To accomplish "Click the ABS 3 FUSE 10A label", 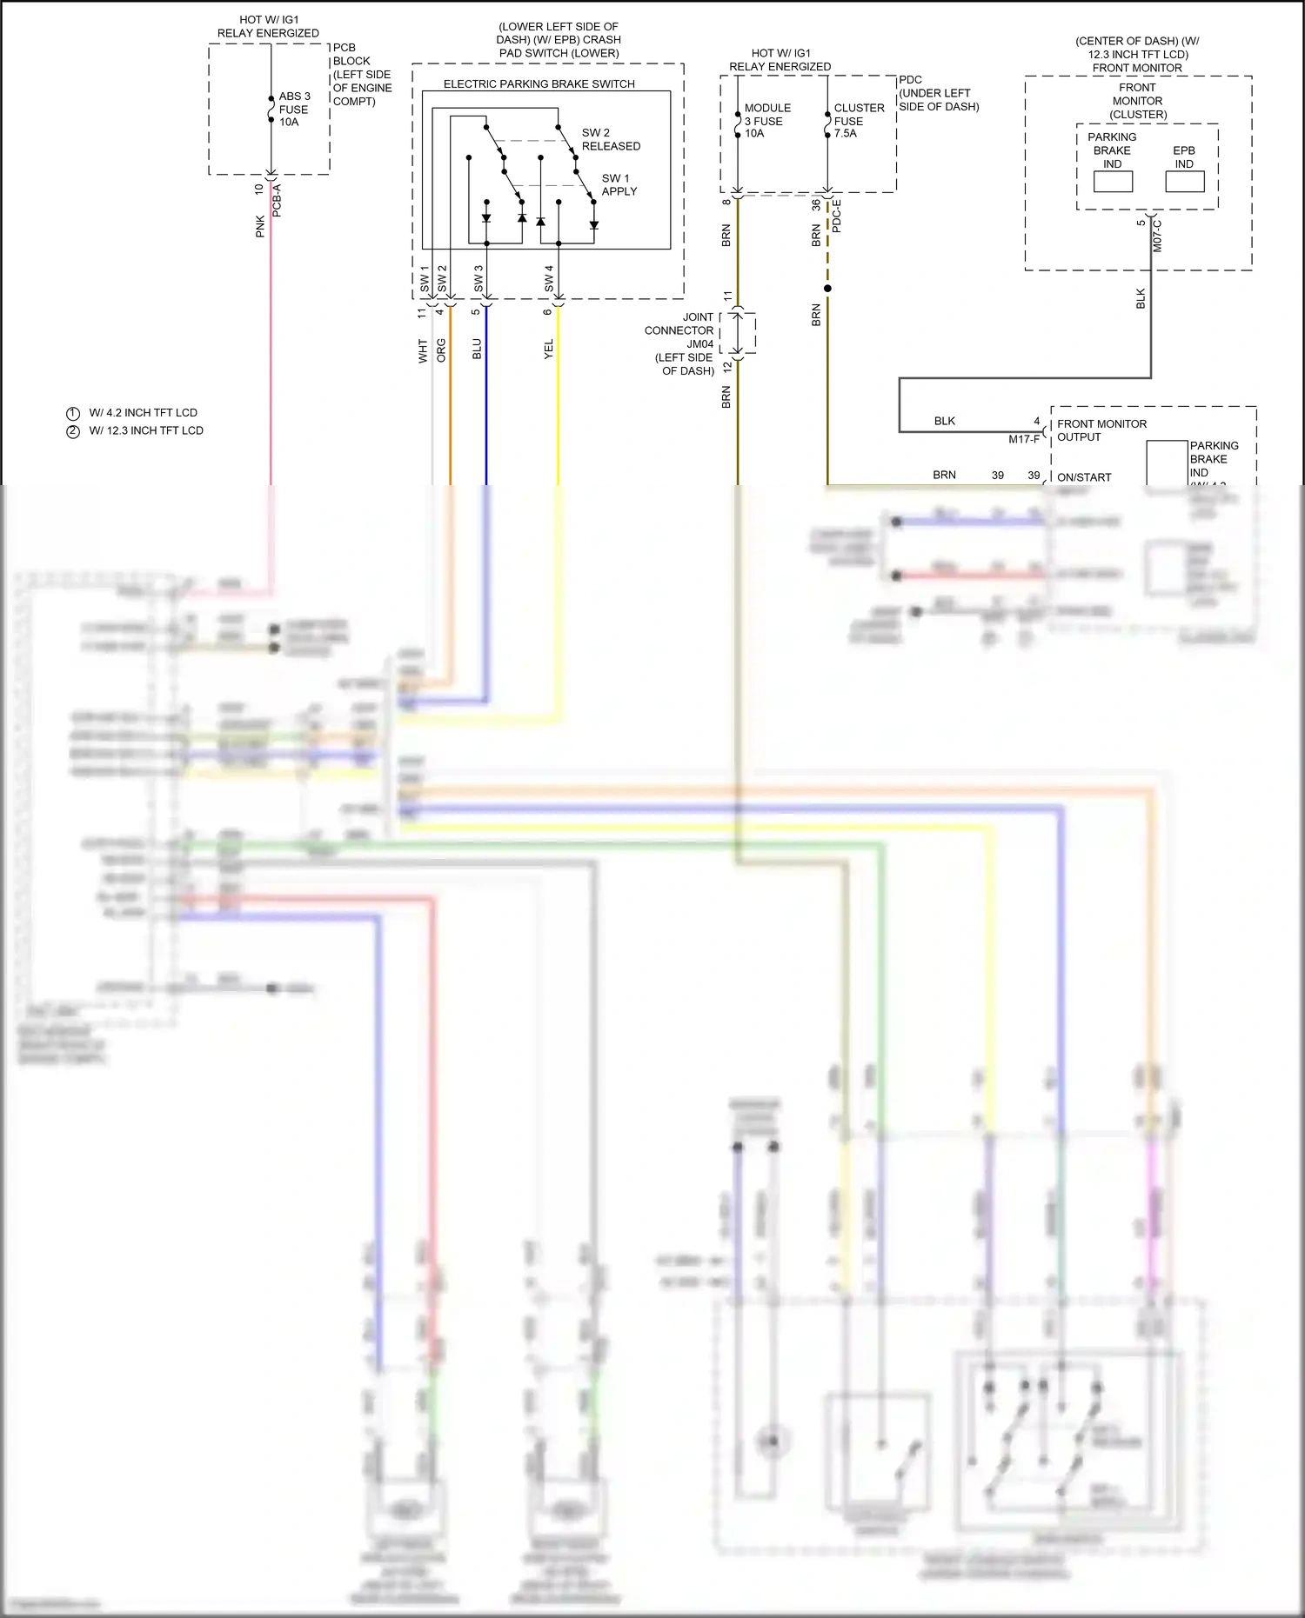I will click(x=294, y=110).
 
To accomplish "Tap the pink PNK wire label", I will click(x=260, y=227).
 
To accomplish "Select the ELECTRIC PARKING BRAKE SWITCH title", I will click(x=539, y=84).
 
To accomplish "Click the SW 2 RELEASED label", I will click(x=610, y=140).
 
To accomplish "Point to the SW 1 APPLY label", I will click(x=619, y=185).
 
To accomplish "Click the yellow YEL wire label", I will click(x=549, y=350).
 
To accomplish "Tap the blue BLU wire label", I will click(x=477, y=350).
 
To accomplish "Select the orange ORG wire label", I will click(x=441, y=350).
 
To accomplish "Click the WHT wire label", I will click(x=423, y=351).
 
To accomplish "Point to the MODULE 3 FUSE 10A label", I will click(x=766, y=121).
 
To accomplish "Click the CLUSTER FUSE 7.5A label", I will click(x=858, y=121).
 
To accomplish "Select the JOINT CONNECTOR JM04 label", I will click(x=679, y=343).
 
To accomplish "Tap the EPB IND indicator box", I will click(x=1184, y=181).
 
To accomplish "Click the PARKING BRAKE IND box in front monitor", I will click(x=1113, y=181).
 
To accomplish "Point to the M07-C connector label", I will click(x=1158, y=236).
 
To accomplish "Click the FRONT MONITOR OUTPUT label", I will click(x=1101, y=430).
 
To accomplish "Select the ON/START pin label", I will click(x=1083, y=477).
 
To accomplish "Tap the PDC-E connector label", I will click(x=837, y=216).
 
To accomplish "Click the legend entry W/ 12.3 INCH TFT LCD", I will click(x=145, y=430).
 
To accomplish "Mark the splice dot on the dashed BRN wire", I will click(x=827, y=289).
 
